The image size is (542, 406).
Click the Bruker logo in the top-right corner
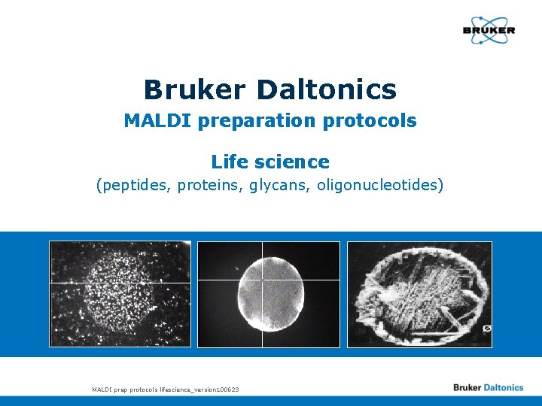[x=489, y=31]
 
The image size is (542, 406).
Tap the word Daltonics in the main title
[x=326, y=89]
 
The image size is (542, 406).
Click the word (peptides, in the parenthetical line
[x=134, y=185]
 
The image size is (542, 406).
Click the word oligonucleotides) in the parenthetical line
[x=380, y=185]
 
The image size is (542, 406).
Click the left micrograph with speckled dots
[x=120, y=294]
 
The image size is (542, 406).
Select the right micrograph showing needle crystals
[x=419, y=294]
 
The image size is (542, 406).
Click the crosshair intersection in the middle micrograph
[x=262, y=282]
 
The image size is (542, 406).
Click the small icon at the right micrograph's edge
[x=486, y=329]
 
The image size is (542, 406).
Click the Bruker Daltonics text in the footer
[x=488, y=388]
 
